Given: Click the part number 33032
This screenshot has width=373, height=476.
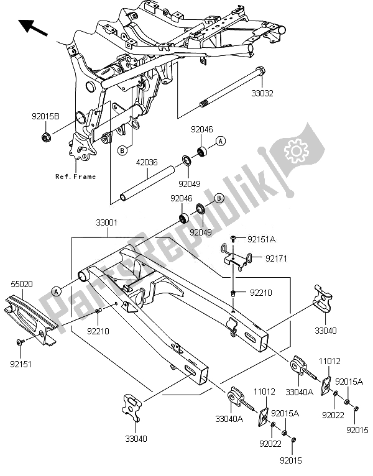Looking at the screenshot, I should tap(262, 94).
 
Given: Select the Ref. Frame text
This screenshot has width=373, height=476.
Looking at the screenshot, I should tap(76, 176).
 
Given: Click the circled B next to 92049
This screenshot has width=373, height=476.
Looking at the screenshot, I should tap(219, 198).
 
